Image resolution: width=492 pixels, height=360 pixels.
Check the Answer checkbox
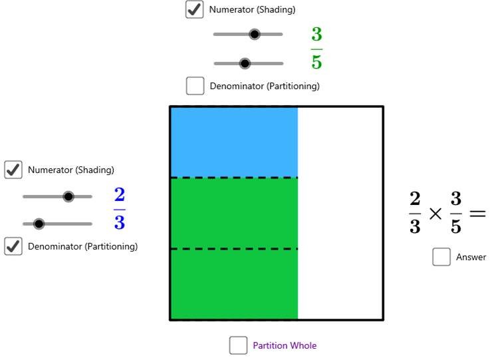coord(441,257)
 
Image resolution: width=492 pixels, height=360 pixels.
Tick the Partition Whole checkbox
coord(238,345)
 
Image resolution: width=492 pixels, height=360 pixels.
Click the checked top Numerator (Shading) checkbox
coord(194,9)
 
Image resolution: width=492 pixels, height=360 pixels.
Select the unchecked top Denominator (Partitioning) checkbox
coord(195,86)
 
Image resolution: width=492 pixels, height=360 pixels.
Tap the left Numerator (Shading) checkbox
coord(13,170)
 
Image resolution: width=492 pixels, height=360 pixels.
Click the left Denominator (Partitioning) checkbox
coord(13,246)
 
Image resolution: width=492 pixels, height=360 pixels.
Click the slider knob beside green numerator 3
coord(255,34)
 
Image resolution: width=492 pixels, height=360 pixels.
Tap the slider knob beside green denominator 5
coord(245,63)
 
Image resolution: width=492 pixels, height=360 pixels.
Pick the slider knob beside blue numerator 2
coord(68,197)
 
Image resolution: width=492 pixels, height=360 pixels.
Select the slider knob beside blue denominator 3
coord(39,224)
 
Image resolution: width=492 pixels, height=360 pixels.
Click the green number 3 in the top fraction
coord(316,34)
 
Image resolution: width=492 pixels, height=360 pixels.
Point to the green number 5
coord(316,62)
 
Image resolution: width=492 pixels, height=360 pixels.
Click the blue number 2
coord(120,194)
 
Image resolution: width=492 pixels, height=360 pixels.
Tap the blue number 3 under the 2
coord(120,222)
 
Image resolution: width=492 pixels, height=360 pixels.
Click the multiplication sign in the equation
coord(435,214)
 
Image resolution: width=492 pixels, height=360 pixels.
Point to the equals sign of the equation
coord(477,214)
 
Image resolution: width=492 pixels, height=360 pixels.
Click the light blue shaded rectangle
coord(234,142)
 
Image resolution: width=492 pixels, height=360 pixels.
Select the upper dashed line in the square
coord(234,178)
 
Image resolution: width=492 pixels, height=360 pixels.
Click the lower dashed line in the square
coord(234,249)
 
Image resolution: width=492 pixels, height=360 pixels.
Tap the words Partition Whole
coord(285,345)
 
